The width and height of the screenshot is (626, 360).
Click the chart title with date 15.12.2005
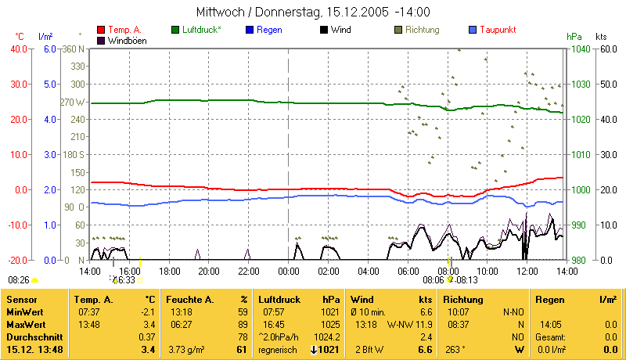click(312, 13)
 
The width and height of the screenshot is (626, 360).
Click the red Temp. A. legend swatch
click(101, 30)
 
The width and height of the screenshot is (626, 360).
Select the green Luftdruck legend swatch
click(175, 30)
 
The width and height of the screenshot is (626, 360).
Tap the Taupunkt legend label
click(500, 30)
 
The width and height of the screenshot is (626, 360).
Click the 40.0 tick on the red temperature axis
click(17, 49)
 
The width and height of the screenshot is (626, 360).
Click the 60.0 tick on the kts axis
click(606, 49)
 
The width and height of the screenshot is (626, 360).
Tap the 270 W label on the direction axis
click(71, 102)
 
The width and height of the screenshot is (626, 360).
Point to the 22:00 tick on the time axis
click(248, 272)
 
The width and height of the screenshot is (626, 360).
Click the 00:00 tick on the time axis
click(289, 272)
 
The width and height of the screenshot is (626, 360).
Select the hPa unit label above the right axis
click(574, 37)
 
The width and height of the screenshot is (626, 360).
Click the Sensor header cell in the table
click(21, 299)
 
